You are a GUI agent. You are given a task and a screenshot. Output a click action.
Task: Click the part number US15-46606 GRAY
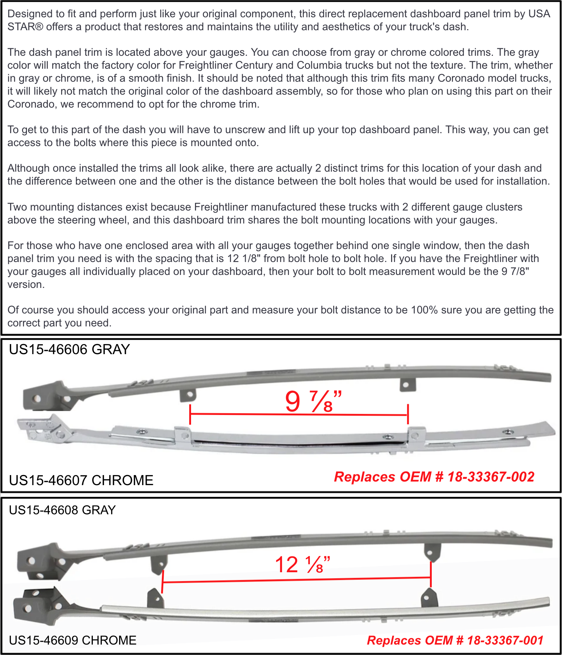click(x=69, y=349)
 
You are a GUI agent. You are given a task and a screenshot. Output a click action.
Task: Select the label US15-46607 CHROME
click(x=81, y=480)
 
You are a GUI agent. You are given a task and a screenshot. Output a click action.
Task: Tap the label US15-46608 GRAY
click(x=62, y=510)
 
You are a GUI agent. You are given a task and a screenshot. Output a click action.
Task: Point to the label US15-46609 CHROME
click(x=73, y=640)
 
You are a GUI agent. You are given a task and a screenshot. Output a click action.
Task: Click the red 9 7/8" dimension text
click(x=313, y=402)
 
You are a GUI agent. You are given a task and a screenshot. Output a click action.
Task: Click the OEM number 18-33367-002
click(x=491, y=477)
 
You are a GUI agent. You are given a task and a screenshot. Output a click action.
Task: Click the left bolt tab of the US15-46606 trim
click(x=188, y=395)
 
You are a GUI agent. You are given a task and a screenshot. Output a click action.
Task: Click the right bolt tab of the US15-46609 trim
click(x=429, y=598)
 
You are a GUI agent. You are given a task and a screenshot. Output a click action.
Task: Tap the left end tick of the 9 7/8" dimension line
click(x=190, y=414)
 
